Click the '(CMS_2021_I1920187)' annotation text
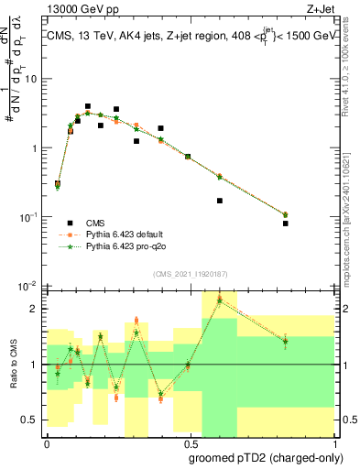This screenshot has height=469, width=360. (x=190, y=273)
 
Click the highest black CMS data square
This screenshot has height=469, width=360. (x=88, y=106)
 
